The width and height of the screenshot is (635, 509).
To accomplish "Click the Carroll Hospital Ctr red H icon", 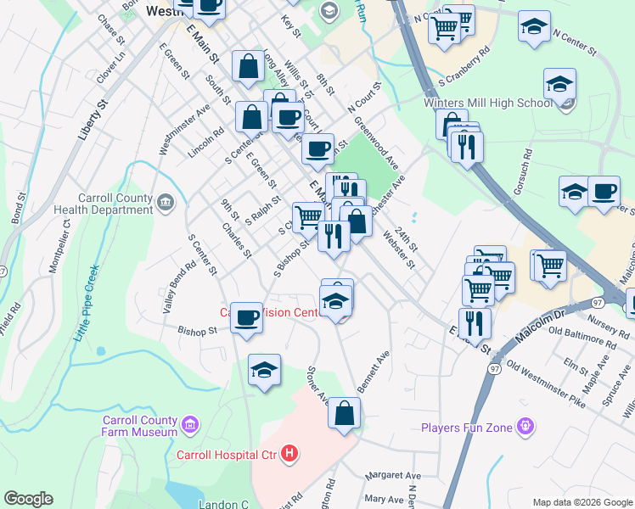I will [x=289, y=455].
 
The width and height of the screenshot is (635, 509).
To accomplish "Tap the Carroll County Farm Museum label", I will [x=140, y=426].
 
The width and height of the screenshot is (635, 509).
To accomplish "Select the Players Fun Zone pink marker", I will [x=526, y=427].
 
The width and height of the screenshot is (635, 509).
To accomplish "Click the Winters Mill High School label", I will [x=487, y=103].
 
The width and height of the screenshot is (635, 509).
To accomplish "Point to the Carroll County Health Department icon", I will [x=165, y=201].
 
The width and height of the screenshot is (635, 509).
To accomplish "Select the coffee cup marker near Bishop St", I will [x=247, y=318].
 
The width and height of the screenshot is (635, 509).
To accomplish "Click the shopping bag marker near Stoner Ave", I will [x=345, y=414].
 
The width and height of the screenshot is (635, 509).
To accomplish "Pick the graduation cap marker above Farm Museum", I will [x=265, y=370].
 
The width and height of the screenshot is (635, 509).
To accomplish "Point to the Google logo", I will [x=28, y=499].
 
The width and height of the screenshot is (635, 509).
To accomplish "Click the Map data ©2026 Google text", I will [x=582, y=502].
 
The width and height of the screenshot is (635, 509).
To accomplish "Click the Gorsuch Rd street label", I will [x=528, y=170].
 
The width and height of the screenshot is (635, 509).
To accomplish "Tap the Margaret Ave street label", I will [x=391, y=476].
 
